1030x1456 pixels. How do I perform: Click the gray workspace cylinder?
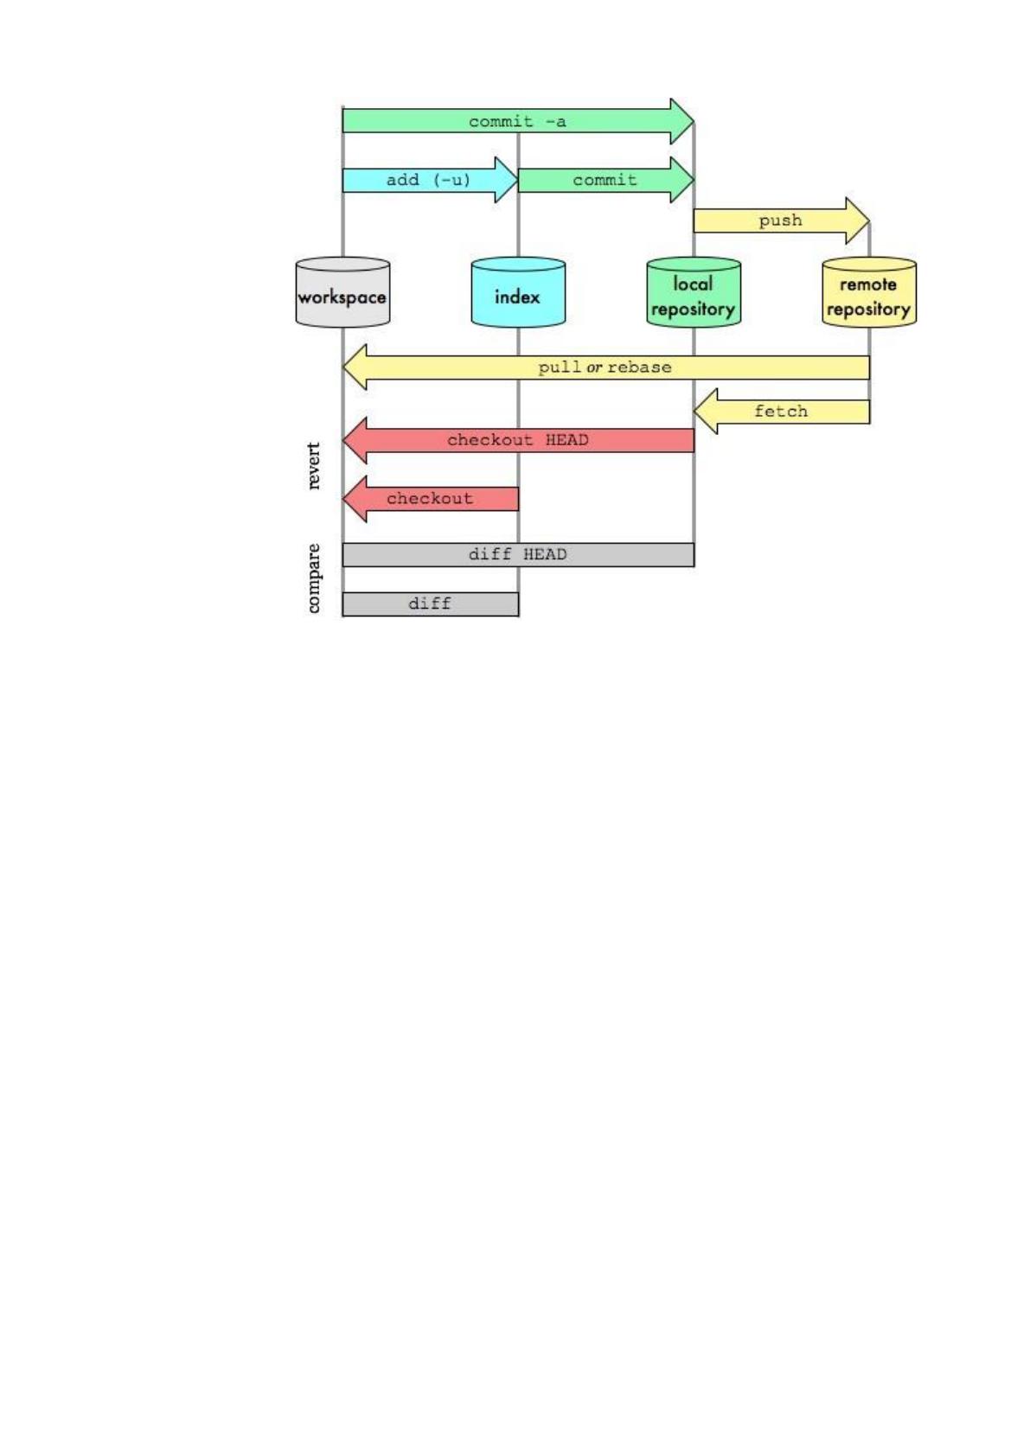(x=342, y=292)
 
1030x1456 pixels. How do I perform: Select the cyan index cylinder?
(x=518, y=292)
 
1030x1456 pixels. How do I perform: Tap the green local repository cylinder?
(x=694, y=292)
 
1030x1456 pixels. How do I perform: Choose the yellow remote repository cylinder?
(x=869, y=292)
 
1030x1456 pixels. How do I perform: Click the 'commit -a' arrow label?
(x=517, y=122)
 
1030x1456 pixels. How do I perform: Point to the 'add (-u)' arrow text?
(x=428, y=180)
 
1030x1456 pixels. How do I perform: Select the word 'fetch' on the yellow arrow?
(x=781, y=412)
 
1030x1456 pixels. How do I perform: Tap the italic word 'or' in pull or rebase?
(x=593, y=368)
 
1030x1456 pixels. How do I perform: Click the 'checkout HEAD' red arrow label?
(x=518, y=440)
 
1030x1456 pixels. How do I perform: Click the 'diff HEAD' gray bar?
(x=518, y=554)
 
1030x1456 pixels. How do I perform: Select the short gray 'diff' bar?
(x=431, y=603)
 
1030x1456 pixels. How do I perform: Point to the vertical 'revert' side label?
(x=313, y=465)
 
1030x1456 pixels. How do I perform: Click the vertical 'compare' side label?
(x=313, y=578)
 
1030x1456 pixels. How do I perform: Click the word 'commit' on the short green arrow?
(x=605, y=180)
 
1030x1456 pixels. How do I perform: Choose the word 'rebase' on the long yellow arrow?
(x=639, y=367)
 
